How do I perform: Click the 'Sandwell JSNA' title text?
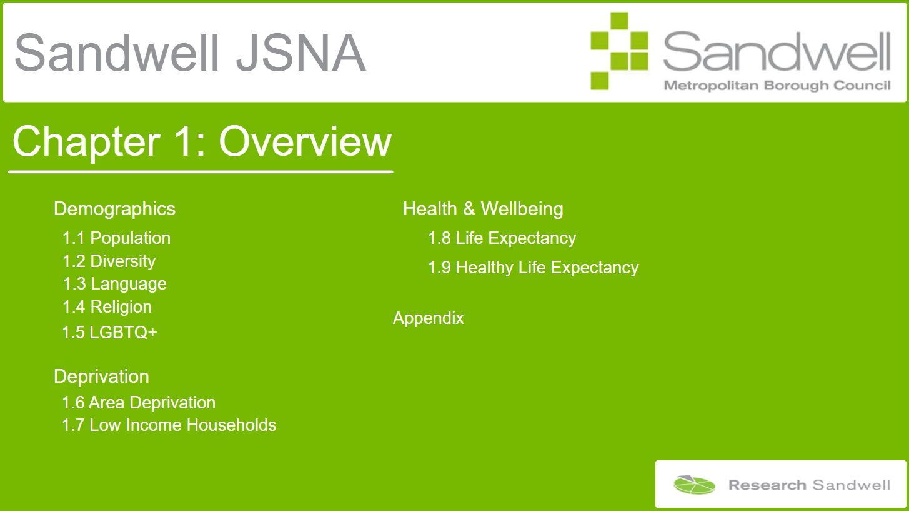click(x=190, y=53)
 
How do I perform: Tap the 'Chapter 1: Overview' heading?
click(x=202, y=141)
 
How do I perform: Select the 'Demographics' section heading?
click(x=114, y=210)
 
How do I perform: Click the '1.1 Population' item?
click(x=116, y=238)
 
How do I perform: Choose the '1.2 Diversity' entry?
click(x=109, y=261)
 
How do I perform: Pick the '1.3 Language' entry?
click(x=114, y=284)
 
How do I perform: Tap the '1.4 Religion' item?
click(x=107, y=307)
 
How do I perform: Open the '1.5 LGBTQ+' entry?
click(x=109, y=332)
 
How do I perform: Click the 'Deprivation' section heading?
click(x=101, y=377)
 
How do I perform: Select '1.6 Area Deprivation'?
click(x=138, y=403)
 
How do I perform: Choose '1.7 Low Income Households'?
click(x=169, y=425)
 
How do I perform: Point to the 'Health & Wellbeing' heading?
click(x=483, y=209)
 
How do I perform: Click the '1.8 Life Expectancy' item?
click(x=502, y=238)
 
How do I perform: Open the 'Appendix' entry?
click(x=428, y=318)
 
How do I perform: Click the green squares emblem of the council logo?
click(x=619, y=51)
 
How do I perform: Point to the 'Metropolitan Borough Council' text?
click(x=777, y=86)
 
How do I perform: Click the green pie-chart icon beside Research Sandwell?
click(x=694, y=485)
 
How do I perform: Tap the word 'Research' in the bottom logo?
click(x=767, y=485)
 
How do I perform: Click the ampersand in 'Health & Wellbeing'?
click(x=469, y=209)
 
